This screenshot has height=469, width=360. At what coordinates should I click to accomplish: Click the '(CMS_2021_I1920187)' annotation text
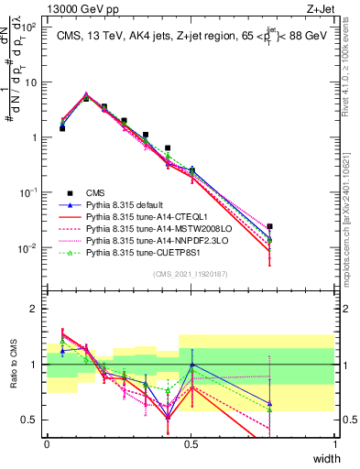click(191, 274)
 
